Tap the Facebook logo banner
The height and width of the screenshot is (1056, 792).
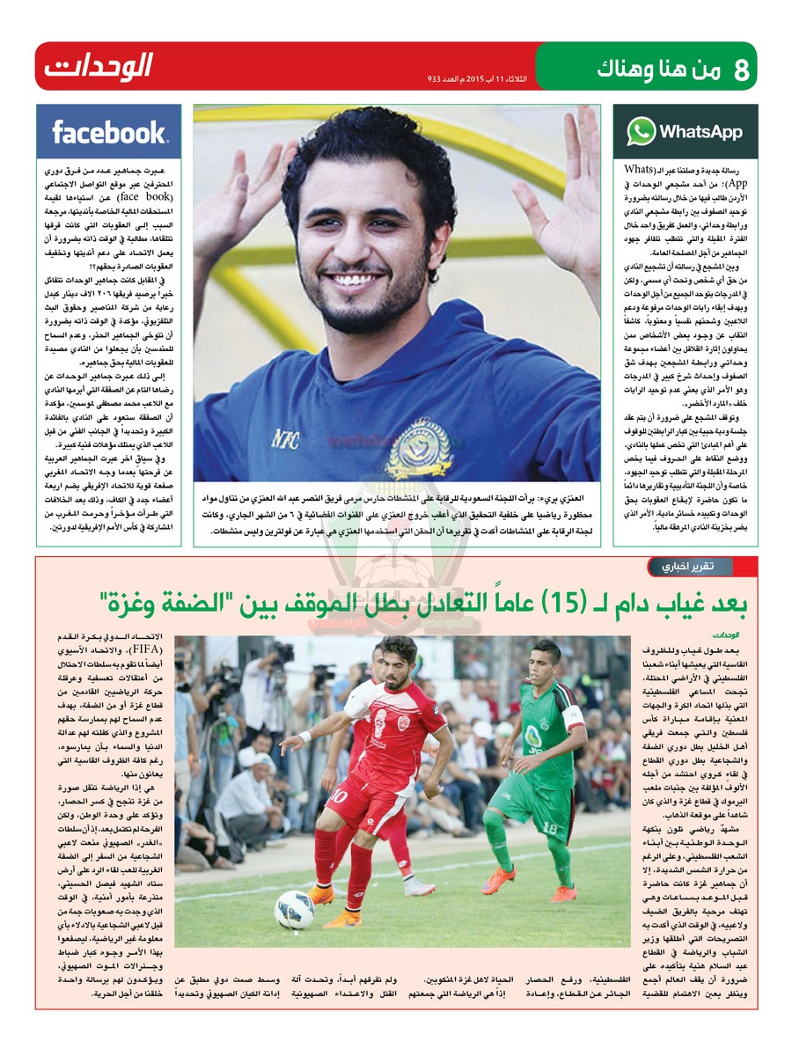coord(108,132)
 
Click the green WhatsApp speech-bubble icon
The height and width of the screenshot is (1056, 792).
coord(641,132)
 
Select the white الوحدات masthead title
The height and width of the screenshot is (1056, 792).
coord(98,66)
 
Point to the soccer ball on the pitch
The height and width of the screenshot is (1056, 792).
coord(294,910)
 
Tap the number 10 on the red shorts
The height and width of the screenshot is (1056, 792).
coord(340,797)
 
